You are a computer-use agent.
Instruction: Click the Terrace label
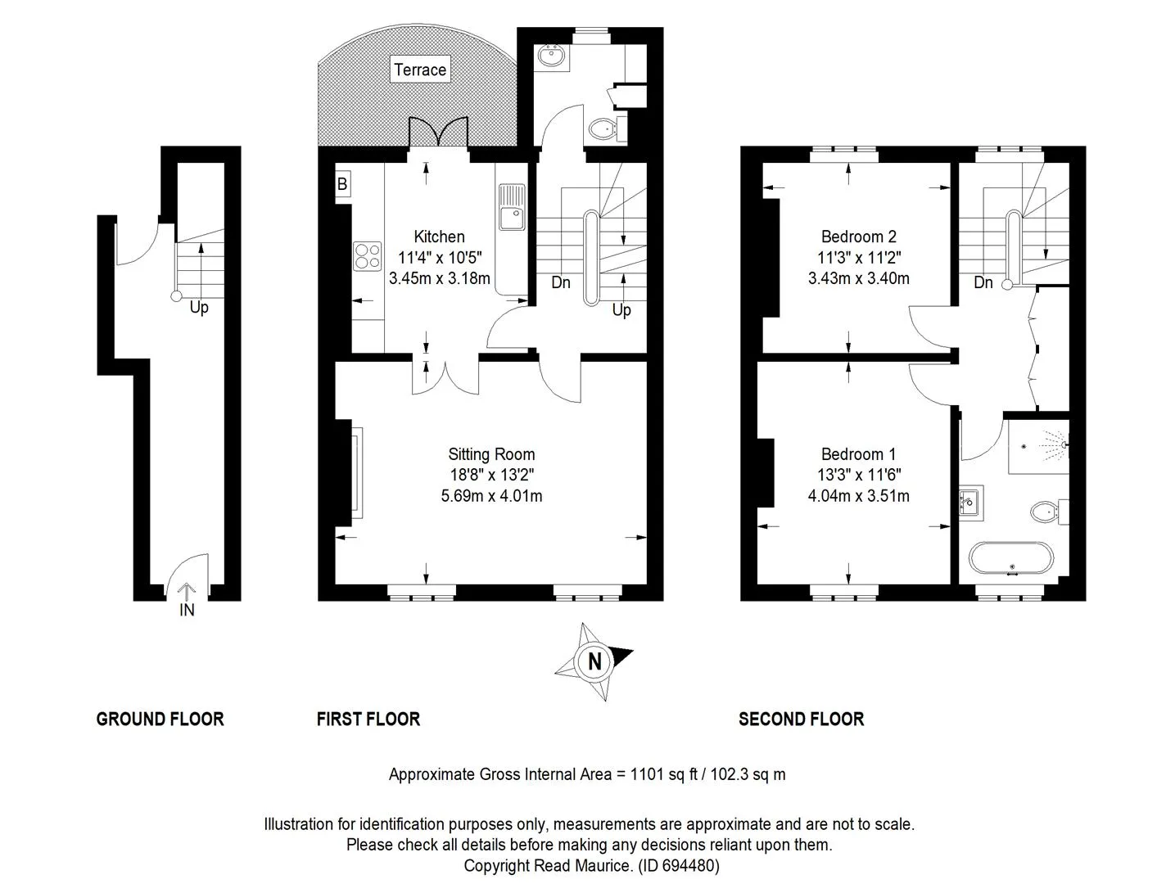pyautogui.click(x=420, y=70)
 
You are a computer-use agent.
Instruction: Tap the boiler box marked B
pyautogui.click(x=342, y=183)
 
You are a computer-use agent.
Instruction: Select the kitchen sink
pyautogui.click(x=512, y=207)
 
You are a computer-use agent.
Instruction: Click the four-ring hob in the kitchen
pyautogui.click(x=367, y=256)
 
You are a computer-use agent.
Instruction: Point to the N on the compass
pyautogui.click(x=594, y=661)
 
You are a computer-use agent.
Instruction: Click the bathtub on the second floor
pyautogui.click(x=1011, y=557)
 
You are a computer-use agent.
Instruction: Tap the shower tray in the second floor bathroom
pyautogui.click(x=1038, y=446)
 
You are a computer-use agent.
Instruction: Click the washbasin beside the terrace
pyautogui.click(x=554, y=57)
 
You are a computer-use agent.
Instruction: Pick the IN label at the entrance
pyautogui.click(x=187, y=610)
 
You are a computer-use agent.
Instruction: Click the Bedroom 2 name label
pyautogui.click(x=858, y=237)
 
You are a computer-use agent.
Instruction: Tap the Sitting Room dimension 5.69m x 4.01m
pyautogui.click(x=491, y=496)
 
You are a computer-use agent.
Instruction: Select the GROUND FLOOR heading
pyautogui.click(x=160, y=719)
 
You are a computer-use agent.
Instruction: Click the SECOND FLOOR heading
pyautogui.click(x=801, y=719)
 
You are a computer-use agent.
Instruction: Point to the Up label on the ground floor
pyautogui.click(x=199, y=308)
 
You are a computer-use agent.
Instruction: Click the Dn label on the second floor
pyautogui.click(x=983, y=282)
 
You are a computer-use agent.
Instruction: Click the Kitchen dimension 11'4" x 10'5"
pyautogui.click(x=440, y=258)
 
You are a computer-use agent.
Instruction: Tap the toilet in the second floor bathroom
pyautogui.click(x=1049, y=512)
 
